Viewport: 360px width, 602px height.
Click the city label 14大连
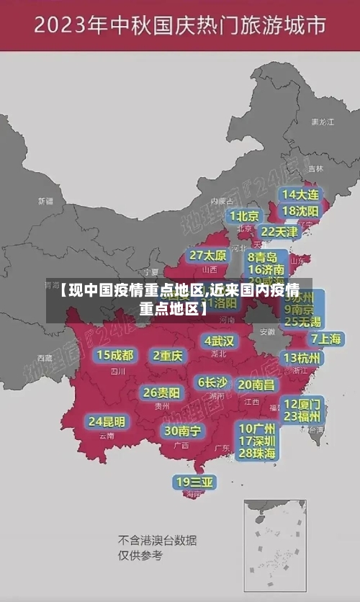[300, 194]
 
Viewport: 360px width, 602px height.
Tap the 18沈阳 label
[300, 211]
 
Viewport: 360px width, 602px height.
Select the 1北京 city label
[244, 215]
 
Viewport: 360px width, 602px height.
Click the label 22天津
[279, 232]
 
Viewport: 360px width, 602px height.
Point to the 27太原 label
[208, 256]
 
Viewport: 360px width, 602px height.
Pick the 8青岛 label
[263, 256]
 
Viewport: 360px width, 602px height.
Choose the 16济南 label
[266, 270]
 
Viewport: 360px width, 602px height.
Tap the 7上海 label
[326, 338]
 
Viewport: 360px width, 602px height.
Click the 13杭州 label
[303, 358]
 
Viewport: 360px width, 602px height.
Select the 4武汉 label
[219, 341]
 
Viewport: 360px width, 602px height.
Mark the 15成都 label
[115, 355]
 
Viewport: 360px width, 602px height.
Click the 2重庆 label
[168, 355]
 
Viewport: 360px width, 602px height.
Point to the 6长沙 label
[212, 382]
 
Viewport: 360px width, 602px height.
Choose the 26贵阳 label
[161, 392]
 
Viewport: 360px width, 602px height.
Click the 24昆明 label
[107, 421]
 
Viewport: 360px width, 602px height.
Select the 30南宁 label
[182, 431]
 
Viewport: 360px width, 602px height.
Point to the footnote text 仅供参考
[141, 555]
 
